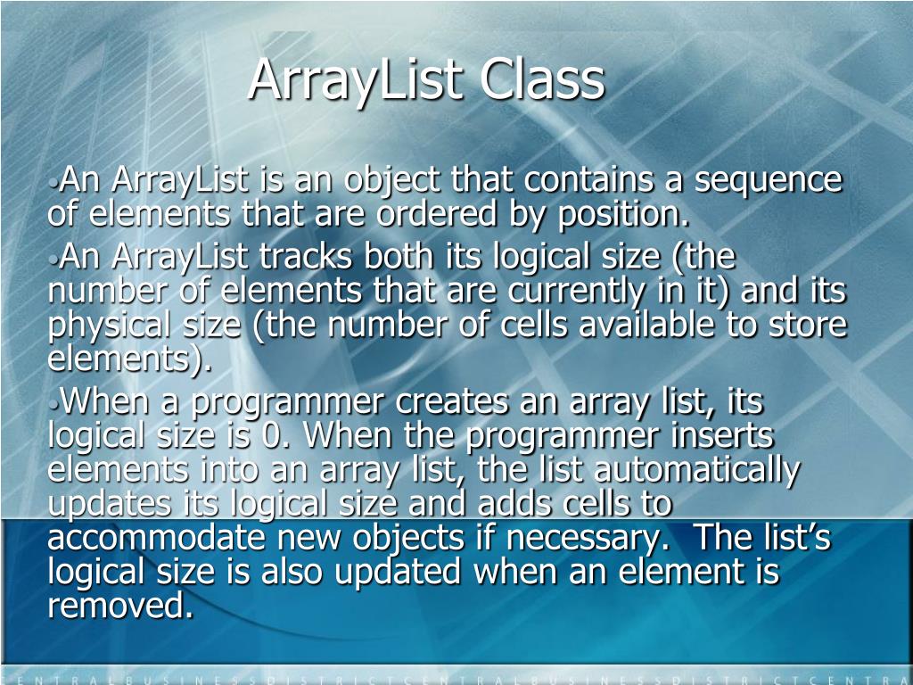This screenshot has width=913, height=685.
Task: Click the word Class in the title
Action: click(x=542, y=79)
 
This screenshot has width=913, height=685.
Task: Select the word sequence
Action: click(x=769, y=181)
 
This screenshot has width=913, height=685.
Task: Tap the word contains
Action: click(x=588, y=181)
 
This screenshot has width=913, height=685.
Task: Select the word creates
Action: click(x=452, y=403)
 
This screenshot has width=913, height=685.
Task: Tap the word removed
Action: click(x=119, y=607)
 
